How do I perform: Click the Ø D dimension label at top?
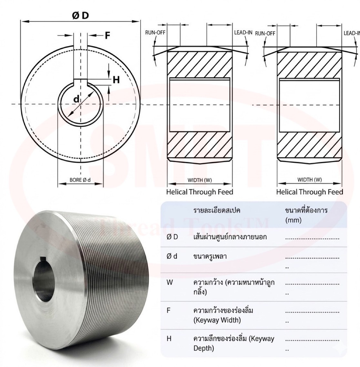(81, 15)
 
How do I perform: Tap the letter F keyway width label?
(107, 35)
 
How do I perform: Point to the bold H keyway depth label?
(116, 80)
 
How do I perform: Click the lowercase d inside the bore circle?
(76, 99)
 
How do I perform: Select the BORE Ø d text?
(80, 180)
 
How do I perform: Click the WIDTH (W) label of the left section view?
(200, 180)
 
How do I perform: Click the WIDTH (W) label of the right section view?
(309, 180)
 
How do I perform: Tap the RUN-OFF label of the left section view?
(155, 33)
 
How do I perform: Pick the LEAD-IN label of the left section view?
(243, 33)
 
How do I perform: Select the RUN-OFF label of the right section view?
(265, 34)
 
